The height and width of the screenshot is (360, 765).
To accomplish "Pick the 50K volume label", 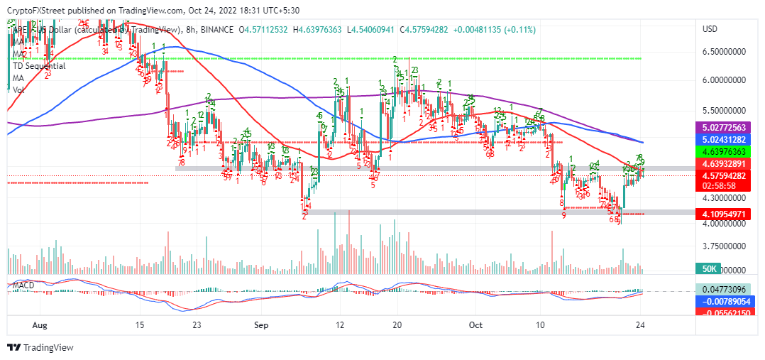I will pos(710,270).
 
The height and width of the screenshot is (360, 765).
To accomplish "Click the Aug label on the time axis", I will pos(40,324).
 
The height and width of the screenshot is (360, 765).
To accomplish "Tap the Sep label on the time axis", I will pos(261,324).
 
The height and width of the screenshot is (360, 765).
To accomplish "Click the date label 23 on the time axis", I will pos(197,324).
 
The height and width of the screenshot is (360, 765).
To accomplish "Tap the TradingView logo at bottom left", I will pos(35,347).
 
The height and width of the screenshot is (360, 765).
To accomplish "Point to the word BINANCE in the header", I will pos(216,29).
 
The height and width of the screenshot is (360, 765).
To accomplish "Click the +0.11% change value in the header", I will pos(521,29).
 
